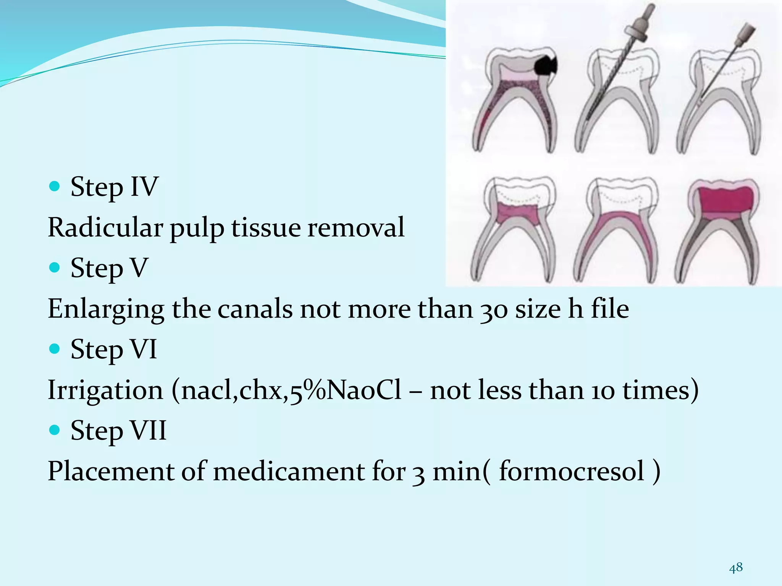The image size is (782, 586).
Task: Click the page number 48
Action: tap(736, 568)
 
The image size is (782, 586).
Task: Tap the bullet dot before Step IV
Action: tap(55, 186)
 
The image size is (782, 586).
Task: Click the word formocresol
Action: tap(572, 471)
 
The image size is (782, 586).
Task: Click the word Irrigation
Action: tap(105, 391)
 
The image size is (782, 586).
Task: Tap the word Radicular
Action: tap(105, 228)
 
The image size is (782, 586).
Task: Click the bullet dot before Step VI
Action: tap(55, 349)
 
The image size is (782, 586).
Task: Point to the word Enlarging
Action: tap(106, 310)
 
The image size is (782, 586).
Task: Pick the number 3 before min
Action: tap(418, 472)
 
